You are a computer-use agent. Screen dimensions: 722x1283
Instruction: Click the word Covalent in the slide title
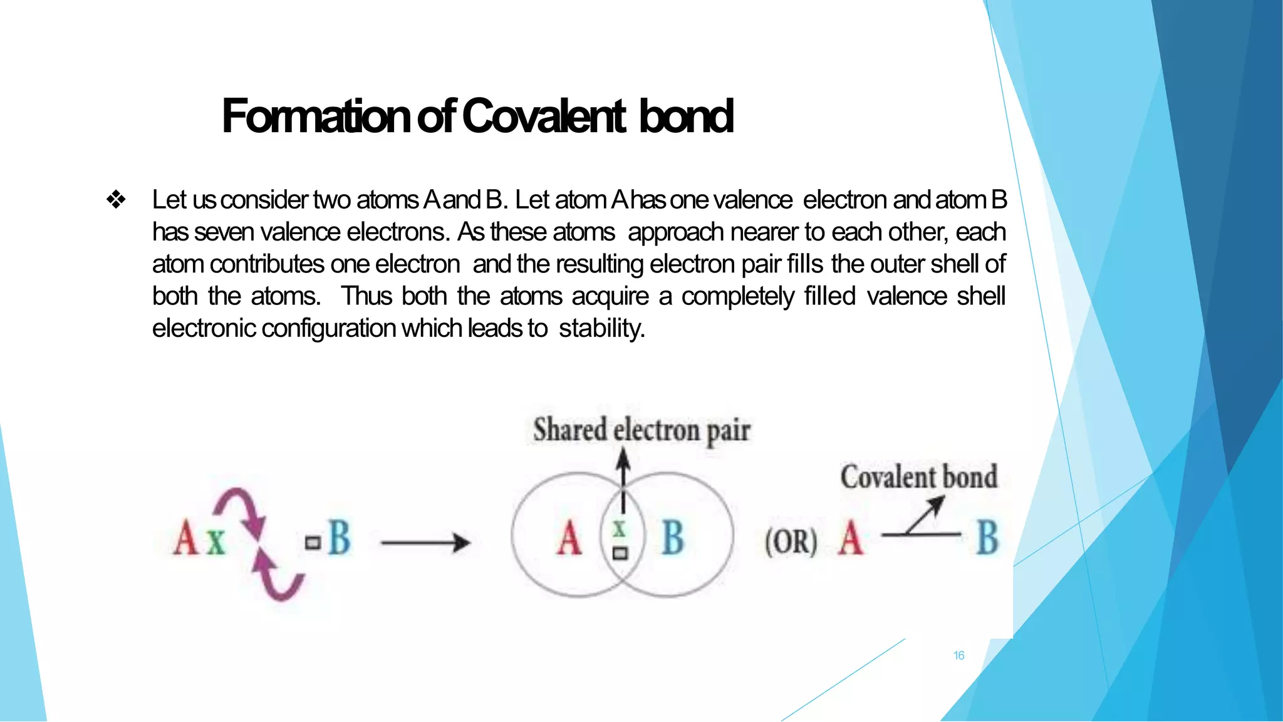(544, 116)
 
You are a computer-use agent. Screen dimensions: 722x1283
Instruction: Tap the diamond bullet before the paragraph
(117, 200)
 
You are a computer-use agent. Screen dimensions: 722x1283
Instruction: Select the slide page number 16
(958, 656)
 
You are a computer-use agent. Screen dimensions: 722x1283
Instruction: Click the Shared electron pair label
(641, 431)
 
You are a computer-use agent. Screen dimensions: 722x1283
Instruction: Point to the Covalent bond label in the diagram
(918, 477)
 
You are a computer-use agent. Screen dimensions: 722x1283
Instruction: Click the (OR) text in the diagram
(791, 542)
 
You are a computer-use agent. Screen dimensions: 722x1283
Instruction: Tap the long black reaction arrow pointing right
(425, 542)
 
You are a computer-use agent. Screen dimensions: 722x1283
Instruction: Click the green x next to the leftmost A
(216, 540)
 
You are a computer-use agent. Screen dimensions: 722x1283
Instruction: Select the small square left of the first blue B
(313, 542)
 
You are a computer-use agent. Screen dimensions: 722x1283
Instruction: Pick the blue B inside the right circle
(673, 538)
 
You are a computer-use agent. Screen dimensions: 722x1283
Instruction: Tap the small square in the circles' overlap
(620, 554)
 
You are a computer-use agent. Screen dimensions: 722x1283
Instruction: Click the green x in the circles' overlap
(620, 530)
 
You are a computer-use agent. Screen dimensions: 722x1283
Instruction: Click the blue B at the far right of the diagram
(987, 538)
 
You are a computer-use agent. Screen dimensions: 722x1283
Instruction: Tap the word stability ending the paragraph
(601, 328)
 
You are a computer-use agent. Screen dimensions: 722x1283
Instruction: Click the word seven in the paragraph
(224, 232)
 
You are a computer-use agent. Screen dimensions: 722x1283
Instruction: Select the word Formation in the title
(316, 116)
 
